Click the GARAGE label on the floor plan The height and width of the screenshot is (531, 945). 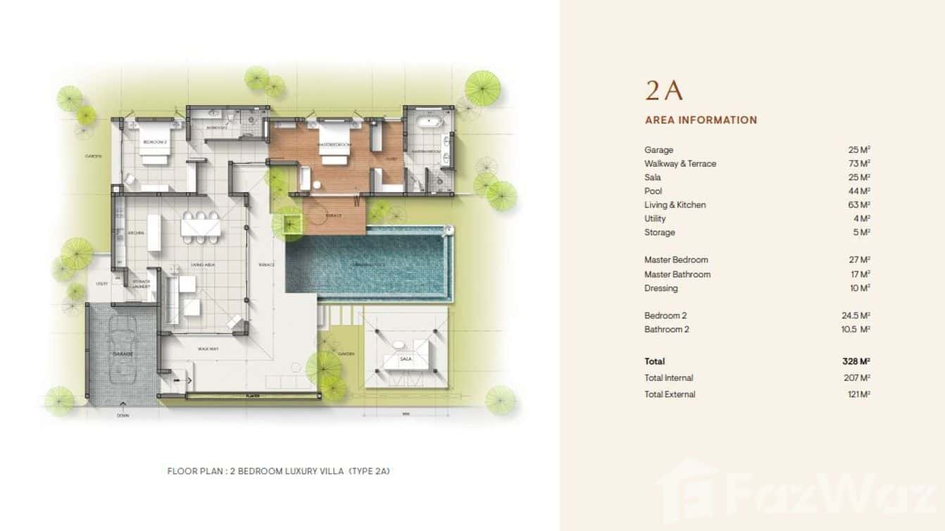[122, 354]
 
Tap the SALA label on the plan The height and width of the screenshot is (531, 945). [405, 359]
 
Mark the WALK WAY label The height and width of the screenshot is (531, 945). [207, 348]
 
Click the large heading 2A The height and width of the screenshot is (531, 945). [664, 91]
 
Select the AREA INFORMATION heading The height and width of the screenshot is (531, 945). [701, 120]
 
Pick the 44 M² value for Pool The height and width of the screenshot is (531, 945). [859, 191]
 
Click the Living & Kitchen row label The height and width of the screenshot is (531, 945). [675, 205]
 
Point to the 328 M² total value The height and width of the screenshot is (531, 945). [856, 361]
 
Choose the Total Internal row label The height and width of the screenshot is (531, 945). [668, 378]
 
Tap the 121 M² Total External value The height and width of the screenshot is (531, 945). [859, 394]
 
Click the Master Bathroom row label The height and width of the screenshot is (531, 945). [677, 274]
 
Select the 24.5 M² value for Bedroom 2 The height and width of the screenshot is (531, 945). [856, 316]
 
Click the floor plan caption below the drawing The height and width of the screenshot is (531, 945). [278, 471]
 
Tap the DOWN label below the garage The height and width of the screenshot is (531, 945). [123, 416]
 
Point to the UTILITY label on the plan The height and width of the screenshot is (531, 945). [101, 284]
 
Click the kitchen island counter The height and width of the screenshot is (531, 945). [154, 232]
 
